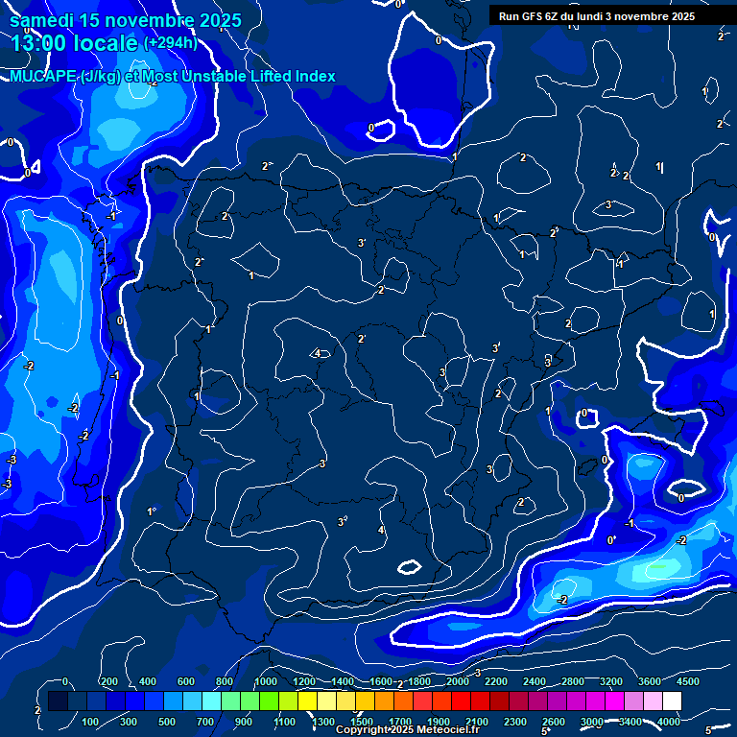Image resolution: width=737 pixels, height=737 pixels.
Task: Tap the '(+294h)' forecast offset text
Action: [x=171, y=42]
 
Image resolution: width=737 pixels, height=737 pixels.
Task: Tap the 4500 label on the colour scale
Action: [x=688, y=681]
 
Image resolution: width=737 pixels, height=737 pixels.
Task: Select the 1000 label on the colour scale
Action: [x=265, y=681]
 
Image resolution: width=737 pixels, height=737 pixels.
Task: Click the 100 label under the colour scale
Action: [x=91, y=721]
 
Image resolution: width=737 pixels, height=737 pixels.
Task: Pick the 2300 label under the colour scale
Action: [x=514, y=721]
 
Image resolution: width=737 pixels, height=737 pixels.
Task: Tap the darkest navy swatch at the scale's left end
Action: [x=58, y=701]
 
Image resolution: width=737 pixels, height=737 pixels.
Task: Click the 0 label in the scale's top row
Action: [x=65, y=681]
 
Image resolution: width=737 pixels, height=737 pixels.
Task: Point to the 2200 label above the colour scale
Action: [x=495, y=681]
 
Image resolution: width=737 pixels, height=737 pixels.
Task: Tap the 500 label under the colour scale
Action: [x=168, y=721]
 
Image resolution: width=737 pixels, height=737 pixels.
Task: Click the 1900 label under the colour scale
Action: [x=438, y=721]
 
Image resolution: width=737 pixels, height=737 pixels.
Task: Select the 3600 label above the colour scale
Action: [x=649, y=681]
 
